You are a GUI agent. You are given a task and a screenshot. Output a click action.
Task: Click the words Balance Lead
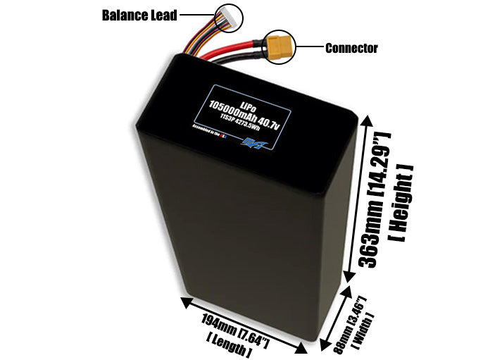139,15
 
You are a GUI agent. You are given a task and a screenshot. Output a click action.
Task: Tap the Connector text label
351,49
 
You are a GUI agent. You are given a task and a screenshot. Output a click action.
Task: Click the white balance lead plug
228,14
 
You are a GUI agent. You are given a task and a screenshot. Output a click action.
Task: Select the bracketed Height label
400,204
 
